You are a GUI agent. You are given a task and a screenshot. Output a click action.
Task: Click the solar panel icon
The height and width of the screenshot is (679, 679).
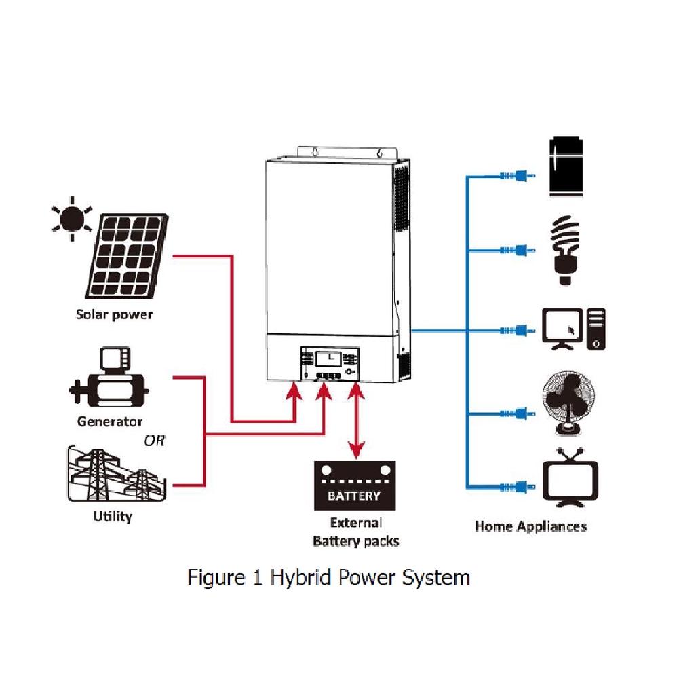pyautogui.click(x=127, y=255)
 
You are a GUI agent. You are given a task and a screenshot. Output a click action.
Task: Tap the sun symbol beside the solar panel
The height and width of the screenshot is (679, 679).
pyautogui.click(x=72, y=219)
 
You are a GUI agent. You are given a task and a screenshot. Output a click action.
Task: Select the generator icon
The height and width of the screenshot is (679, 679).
pyautogui.click(x=109, y=378)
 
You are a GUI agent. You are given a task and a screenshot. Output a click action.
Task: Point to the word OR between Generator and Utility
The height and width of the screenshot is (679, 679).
pyautogui.click(x=155, y=441)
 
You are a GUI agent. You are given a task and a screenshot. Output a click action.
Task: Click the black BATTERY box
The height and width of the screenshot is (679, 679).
pyautogui.click(x=355, y=485)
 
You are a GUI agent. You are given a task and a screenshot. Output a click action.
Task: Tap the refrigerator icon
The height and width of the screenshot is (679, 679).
pyautogui.click(x=566, y=166)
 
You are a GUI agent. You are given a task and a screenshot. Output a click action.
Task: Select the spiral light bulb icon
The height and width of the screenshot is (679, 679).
pyautogui.click(x=565, y=250)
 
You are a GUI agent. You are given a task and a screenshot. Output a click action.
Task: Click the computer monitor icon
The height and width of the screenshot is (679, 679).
pyautogui.click(x=562, y=329)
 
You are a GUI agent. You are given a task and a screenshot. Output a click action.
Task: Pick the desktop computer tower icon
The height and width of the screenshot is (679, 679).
pyautogui.click(x=596, y=329)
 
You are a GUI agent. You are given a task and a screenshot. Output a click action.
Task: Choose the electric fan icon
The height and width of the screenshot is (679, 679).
pyautogui.click(x=568, y=403)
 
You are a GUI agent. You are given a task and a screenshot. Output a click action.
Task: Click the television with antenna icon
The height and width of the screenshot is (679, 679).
pyautogui.click(x=570, y=477)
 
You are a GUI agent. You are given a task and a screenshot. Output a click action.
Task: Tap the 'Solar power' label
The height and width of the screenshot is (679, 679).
pyautogui.click(x=115, y=314)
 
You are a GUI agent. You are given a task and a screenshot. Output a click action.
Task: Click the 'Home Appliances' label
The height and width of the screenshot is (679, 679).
pyautogui.click(x=530, y=526)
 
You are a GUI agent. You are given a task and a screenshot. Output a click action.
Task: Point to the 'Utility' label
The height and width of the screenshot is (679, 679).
pyautogui.click(x=113, y=516)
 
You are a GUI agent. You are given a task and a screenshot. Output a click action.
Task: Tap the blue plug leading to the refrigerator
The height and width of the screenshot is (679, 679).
pyautogui.click(x=518, y=176)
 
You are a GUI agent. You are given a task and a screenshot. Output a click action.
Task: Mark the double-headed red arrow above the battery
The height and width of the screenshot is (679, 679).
pyautogui.click(x=356, y=420)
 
